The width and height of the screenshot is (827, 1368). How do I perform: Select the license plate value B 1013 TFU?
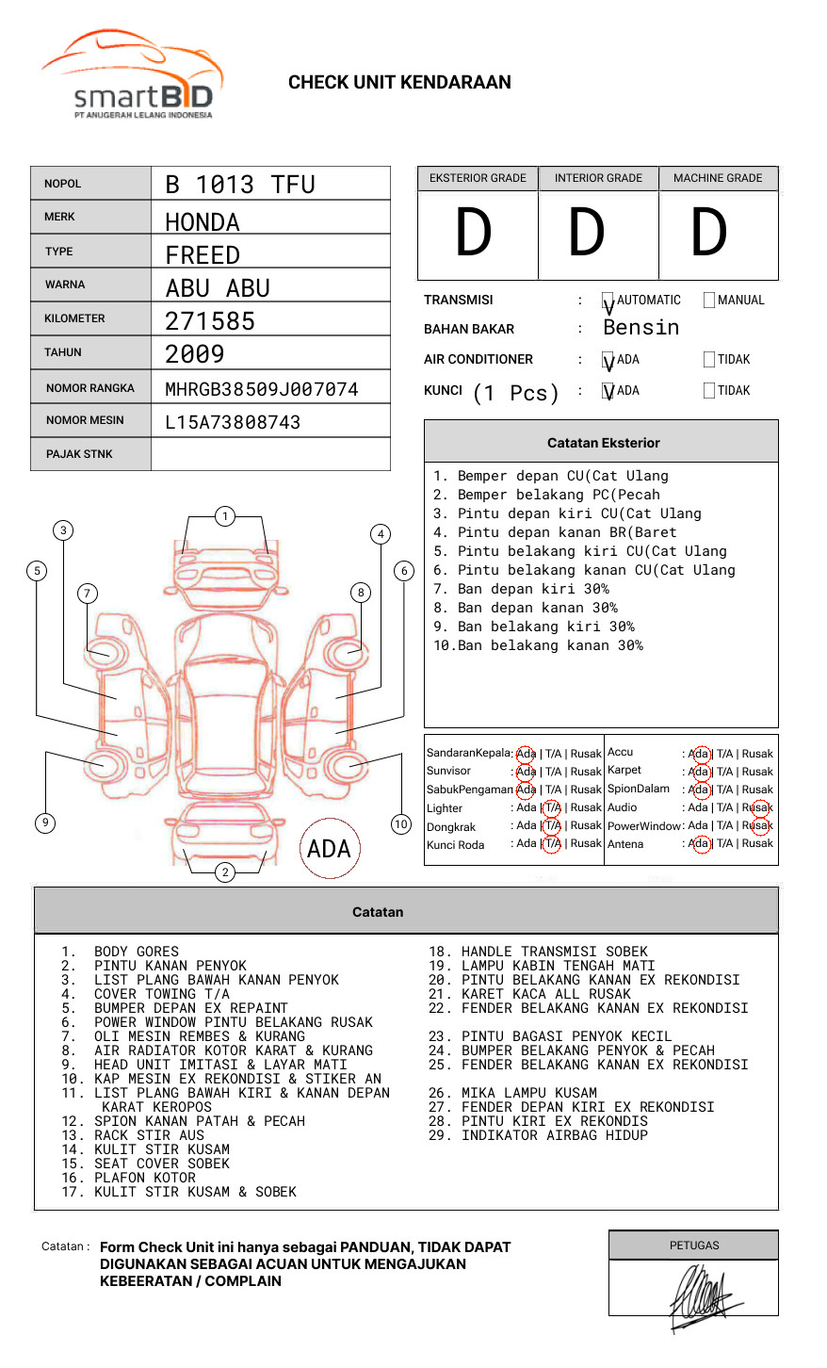pos(240,185)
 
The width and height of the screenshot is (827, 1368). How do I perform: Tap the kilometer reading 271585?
pos(209,321)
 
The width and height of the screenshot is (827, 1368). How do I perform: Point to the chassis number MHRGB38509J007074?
pos(262,389)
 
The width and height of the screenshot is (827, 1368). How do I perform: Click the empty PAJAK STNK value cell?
pos(270,454)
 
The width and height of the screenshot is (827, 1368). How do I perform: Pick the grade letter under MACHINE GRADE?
pos(708,232)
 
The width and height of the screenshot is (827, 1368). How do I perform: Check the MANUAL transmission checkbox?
pos(709,300)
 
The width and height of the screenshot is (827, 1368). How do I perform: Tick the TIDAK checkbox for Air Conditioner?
pos(709,359)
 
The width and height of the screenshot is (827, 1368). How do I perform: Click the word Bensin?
pos(641,328)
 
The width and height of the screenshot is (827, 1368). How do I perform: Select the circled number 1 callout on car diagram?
pos(225,516)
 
